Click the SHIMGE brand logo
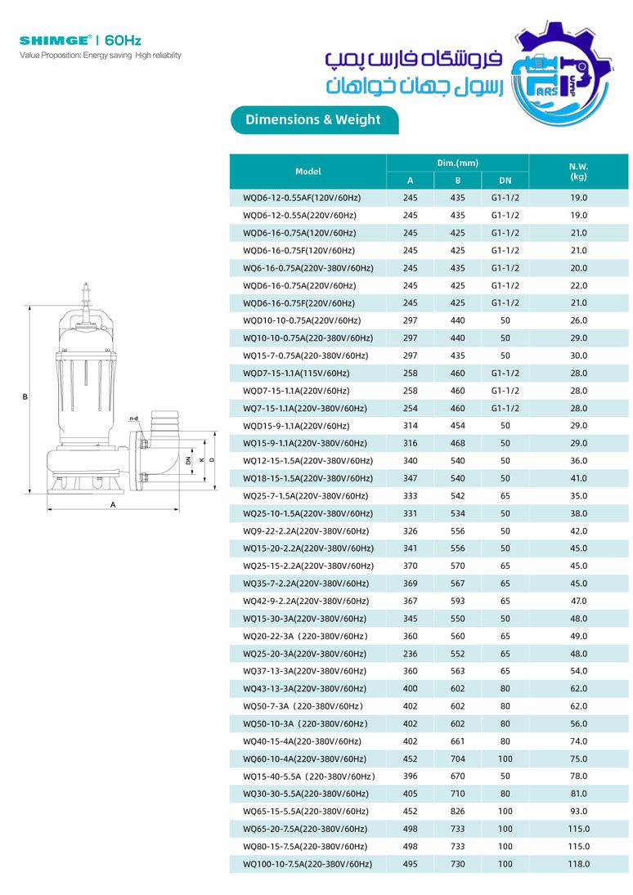[x=56, y=39]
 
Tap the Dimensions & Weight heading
[x=312, y=119]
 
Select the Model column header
[x=308, y=172]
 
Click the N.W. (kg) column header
[x=578, y=172]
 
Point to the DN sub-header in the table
[x=505, y=181]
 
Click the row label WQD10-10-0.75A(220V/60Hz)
[x=302, y=320]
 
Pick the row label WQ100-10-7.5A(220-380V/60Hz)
[x=308, y=864]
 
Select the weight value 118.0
[x=578, y=864]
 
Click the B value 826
[x=457, y=812]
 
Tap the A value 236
[x=410, y=654]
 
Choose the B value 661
[x=457, y=741]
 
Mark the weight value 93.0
[x=578, y=812]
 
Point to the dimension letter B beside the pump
[x=25, y=397]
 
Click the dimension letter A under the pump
[x=113, y=504]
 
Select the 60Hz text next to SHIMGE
[x=123, y=39]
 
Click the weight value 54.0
[x=578, y=671]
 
